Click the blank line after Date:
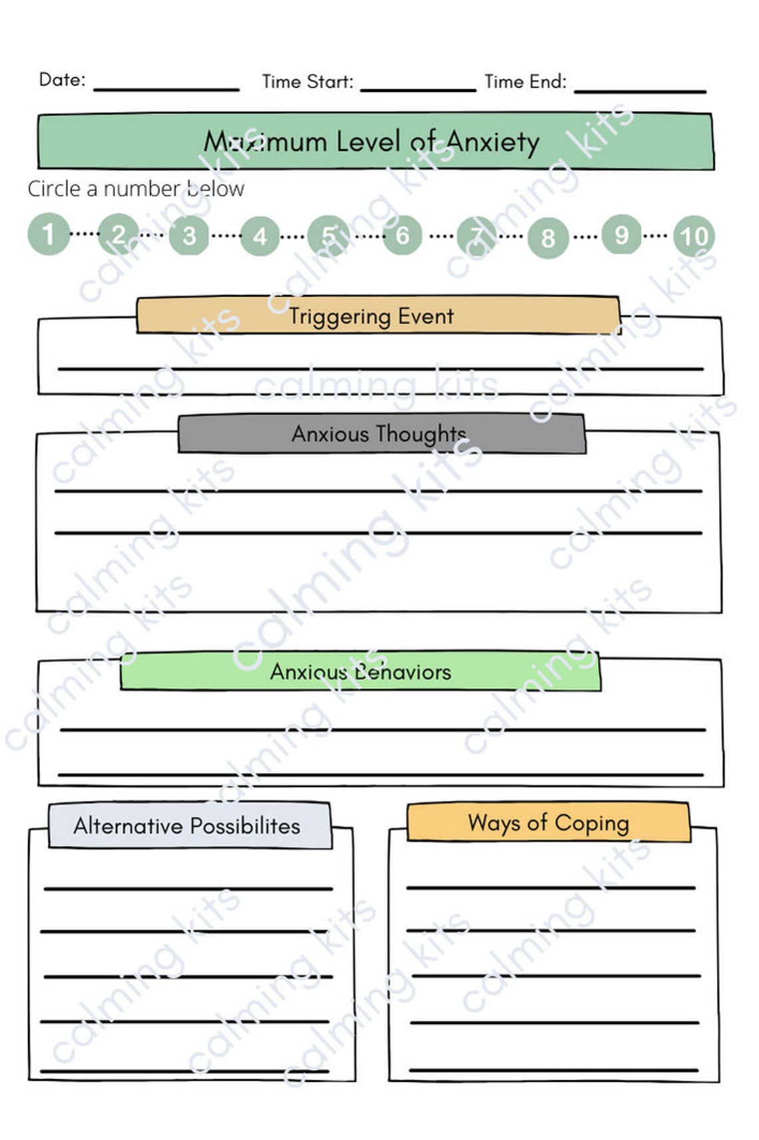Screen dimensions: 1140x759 166,87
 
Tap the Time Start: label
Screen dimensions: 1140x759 308,82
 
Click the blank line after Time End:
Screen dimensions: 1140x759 639,90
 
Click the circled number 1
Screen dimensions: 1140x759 49,234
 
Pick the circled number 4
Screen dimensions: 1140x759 260,236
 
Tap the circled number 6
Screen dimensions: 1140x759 402,235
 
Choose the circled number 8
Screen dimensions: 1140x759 548,238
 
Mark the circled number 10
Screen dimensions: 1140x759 693,236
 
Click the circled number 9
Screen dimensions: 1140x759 621,234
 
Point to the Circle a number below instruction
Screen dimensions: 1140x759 136,189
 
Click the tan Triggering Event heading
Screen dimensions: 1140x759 372,316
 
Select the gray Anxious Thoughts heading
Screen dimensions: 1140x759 379,434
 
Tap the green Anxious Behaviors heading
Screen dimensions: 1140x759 360,672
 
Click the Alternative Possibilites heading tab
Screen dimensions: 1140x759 187,826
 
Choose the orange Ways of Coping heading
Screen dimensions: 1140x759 548,823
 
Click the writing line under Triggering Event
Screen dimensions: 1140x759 379,368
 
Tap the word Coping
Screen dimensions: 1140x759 591,824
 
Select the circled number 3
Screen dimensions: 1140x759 189,236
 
